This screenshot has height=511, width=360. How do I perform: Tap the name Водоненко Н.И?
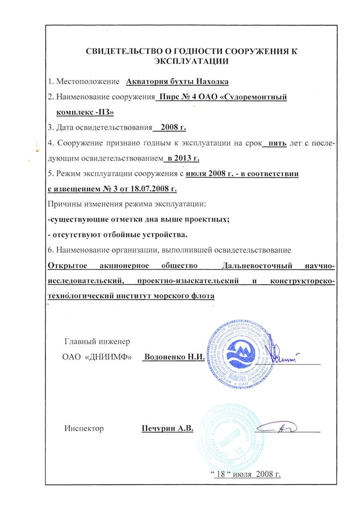pyautogui.click(x=170, y=358)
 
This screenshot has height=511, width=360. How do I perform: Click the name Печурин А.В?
pyautogui.click(x=167, y=428)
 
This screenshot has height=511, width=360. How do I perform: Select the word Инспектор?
pyautogui.click(x=84, y=428)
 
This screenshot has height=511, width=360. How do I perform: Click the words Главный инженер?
pyautogui.click(x=97, y=342)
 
